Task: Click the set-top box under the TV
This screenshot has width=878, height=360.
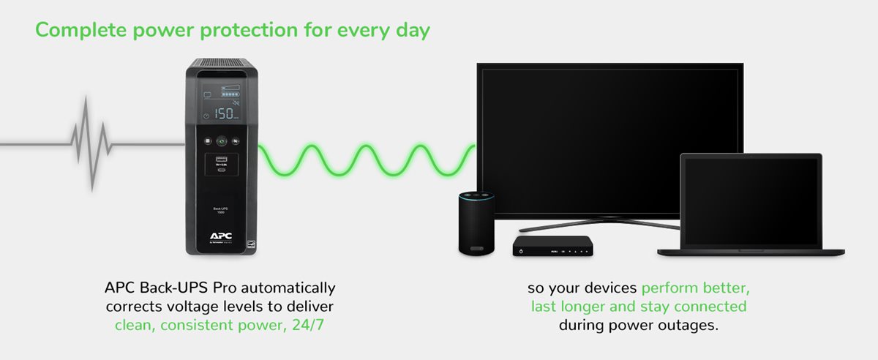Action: (x=552, y=245)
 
